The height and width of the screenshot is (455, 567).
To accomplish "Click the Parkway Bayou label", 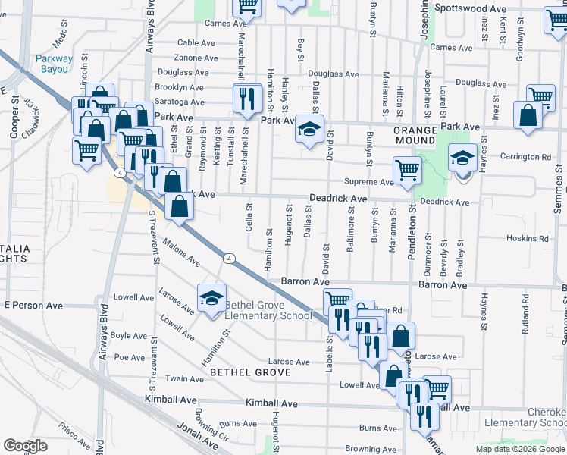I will [54, 64].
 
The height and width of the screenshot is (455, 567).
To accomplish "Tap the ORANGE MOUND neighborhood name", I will [415, 136].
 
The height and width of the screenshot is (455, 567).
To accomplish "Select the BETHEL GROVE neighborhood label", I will [251, 372].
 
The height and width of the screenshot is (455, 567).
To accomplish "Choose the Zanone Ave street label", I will [196, 58].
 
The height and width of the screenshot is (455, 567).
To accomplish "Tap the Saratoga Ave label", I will [179, 101].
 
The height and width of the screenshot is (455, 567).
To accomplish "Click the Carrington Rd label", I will [525, 157].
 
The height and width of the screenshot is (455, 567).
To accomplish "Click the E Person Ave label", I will [33, 305].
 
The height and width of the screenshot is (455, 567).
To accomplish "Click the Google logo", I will [25, 445].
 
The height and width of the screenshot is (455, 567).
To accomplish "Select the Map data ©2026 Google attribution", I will [520, 449].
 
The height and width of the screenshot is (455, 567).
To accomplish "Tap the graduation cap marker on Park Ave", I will [309, 128].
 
